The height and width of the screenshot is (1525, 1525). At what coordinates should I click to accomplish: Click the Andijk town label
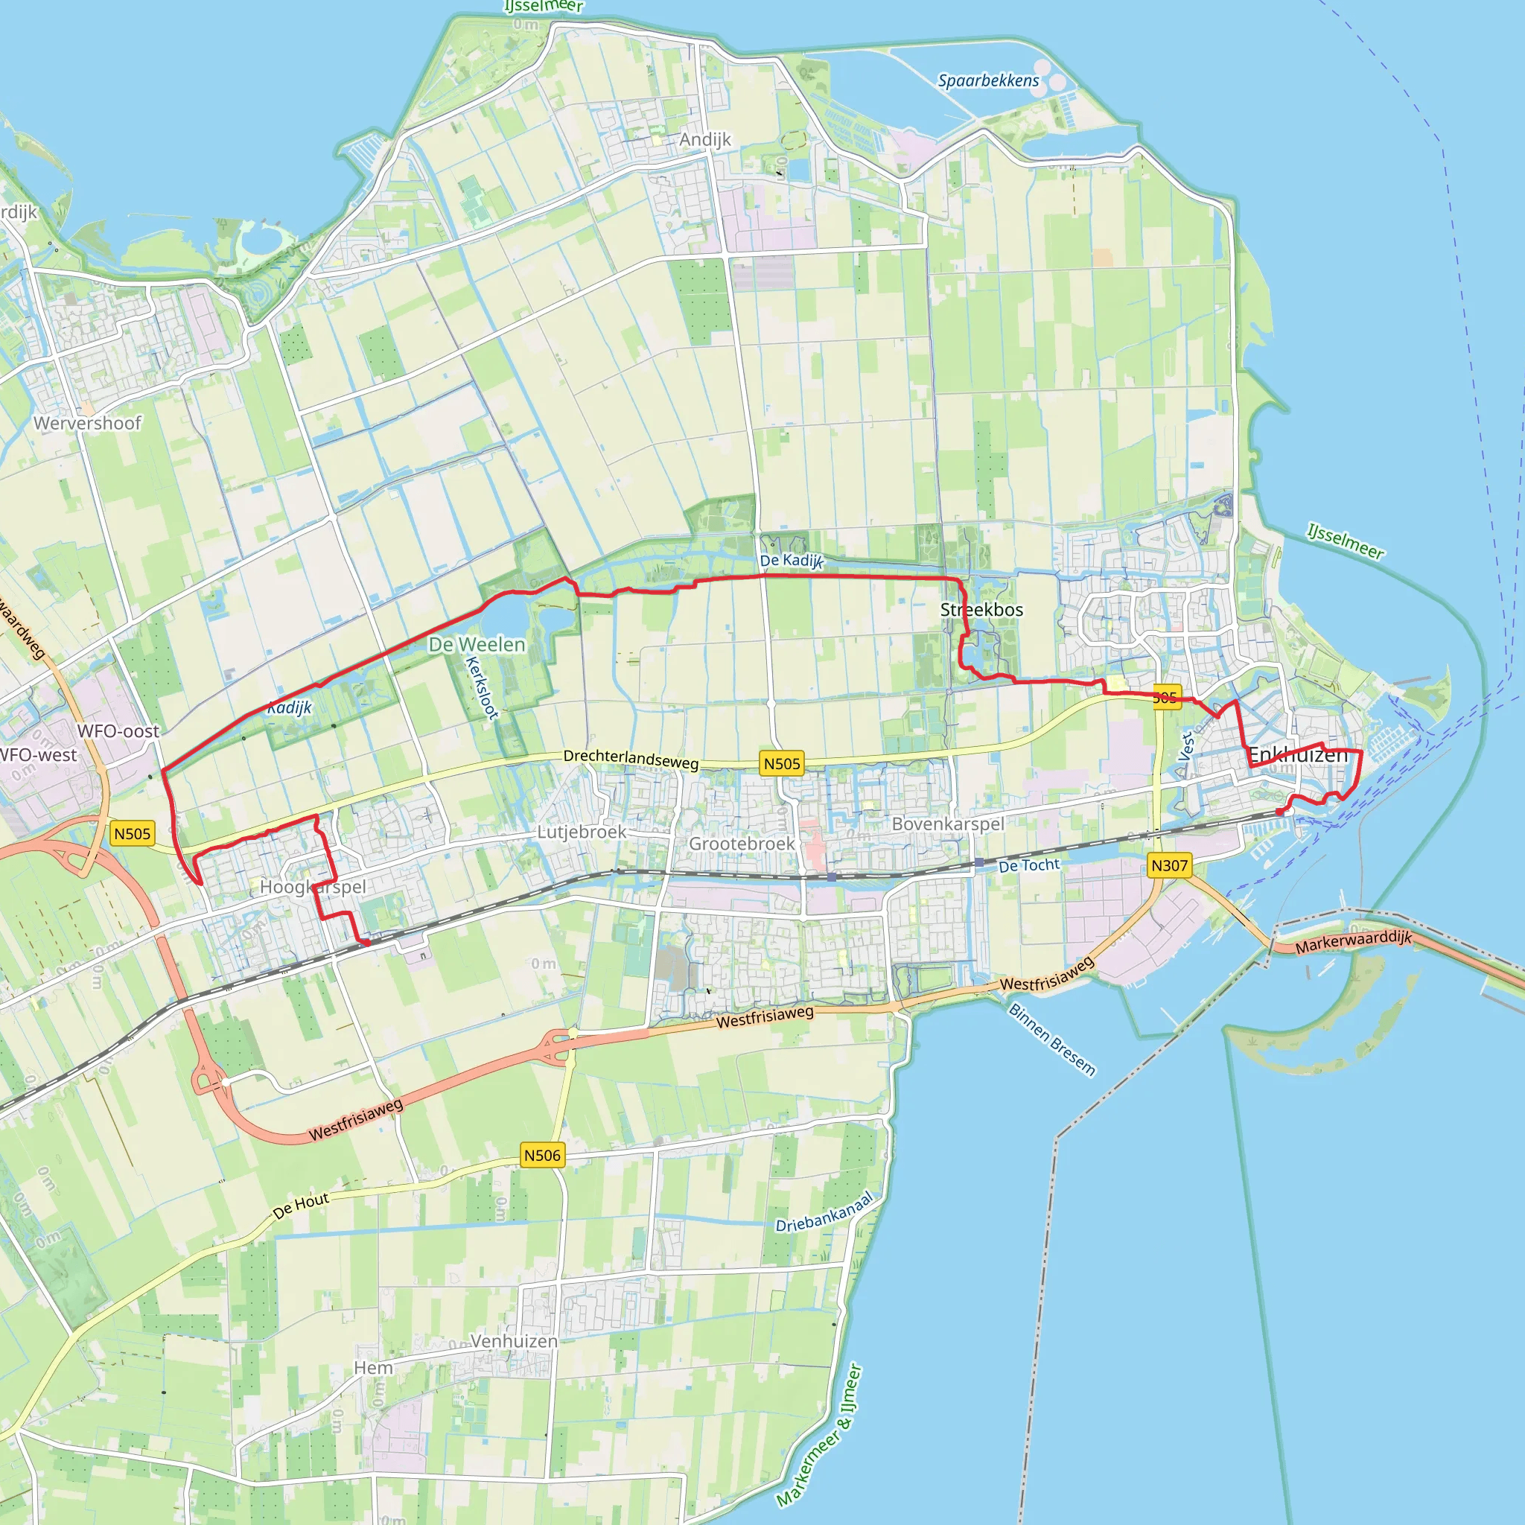coord(705,140)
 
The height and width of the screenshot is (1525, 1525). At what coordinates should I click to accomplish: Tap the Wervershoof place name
coord(88,423)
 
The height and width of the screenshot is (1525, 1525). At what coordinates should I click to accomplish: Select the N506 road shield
coord(542,1156)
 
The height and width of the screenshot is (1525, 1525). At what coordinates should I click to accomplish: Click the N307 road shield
coord(1169,865)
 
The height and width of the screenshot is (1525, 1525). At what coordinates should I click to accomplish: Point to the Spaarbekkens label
coord(988,80)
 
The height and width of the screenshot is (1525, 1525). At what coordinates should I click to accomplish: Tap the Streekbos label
coord(981,609)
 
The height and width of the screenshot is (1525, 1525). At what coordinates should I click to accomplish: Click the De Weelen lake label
coord(477,644)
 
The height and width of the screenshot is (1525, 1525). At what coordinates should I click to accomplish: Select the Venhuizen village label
coord(514,1341)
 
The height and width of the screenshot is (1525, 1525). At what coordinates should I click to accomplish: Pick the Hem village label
coord(373,1368)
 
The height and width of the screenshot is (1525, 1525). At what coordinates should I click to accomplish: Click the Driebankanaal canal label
coord(824,1212)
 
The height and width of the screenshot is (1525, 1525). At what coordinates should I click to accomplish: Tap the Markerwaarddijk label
coord(1353,941)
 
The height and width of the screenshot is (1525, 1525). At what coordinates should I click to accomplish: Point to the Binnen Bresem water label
coord(1052,1040)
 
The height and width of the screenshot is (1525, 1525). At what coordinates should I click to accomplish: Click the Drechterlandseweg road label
coord(631,759)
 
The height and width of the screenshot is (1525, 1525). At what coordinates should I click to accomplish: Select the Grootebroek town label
coord(742,844)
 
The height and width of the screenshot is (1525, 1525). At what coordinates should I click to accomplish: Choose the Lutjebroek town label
coord(582,832)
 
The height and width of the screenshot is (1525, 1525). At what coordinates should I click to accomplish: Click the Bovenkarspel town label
coord(948,824)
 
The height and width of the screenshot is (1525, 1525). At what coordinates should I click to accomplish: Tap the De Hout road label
coord(301,1206)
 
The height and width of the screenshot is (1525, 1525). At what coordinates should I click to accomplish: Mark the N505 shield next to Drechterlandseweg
coord(781,763)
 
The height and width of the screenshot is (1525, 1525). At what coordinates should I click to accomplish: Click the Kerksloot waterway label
coord(482,687)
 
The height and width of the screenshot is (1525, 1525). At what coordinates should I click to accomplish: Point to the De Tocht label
coord(1029,865)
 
